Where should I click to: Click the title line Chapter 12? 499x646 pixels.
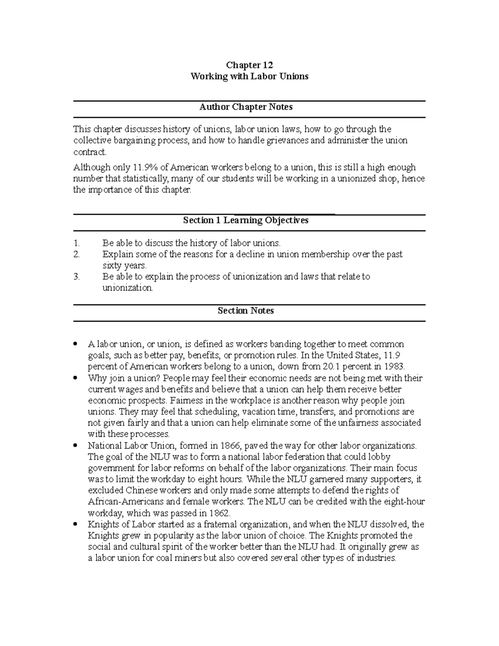click(x=249, y=65)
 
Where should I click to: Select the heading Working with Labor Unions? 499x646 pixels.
click(x=249, y=77)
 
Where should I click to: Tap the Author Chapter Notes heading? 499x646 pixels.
click(x=246, y=107)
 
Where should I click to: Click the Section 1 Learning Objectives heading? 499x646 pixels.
click(x=246, y=220)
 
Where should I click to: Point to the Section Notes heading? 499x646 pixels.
click(x=246, y=311)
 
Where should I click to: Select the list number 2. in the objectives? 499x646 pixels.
click(x=76, y=255)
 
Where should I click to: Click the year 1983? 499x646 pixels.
click(x=393, y=367)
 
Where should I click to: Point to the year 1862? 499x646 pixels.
click(x=218, y=513)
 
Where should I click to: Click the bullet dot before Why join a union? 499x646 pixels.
click(x=75, y=379)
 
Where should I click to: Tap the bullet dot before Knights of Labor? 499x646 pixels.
click(x=75, y=525)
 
